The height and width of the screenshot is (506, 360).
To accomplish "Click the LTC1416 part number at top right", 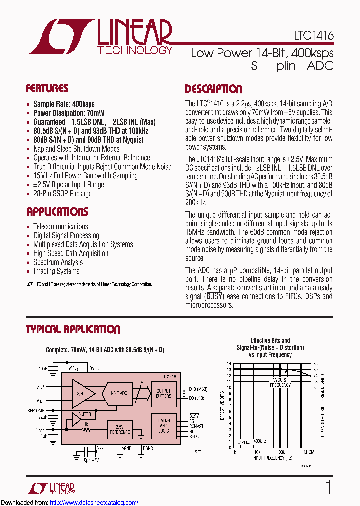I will tap(314, 36).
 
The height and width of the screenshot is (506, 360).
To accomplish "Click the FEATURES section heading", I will tap(47, 89).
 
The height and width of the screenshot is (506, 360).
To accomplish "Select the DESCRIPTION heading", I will tap(213, 89).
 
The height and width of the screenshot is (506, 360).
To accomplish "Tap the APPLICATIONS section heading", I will tap(57, 211).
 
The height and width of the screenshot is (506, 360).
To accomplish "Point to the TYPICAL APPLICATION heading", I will tap(73, 329).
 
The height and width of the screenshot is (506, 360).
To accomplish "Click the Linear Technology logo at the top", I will tap(100, 37).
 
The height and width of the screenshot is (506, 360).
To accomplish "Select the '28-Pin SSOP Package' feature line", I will tap(62, 193).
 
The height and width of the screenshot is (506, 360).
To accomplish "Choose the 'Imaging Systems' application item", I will tap(56, 271).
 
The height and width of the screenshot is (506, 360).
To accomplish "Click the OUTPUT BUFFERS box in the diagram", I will tap(163, 393).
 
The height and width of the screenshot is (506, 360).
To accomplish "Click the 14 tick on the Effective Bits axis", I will tap(229, 364).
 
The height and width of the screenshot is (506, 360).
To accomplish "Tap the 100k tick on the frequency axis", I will tap(281, 452).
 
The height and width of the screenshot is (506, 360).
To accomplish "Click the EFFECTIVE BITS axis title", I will tap(223, 405).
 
